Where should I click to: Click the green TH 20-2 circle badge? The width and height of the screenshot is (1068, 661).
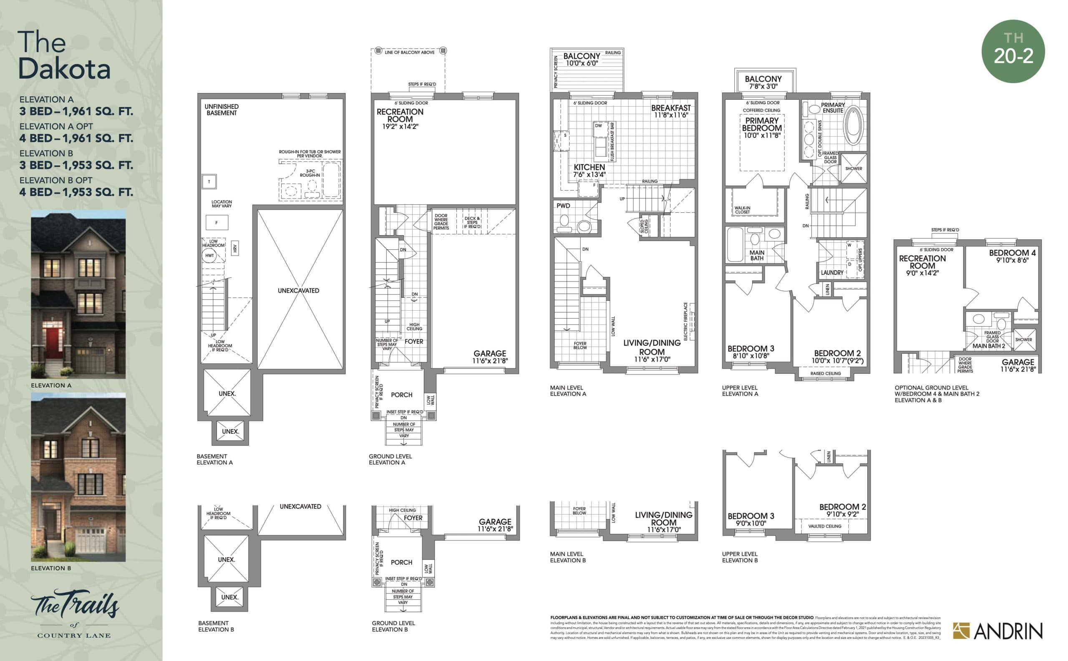coord(1013,51)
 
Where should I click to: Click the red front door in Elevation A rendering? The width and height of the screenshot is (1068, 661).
coord(53,337)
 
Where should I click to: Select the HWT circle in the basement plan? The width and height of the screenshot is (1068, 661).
coord(209,255)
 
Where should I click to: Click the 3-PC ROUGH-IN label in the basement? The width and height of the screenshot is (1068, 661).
coord(310,173)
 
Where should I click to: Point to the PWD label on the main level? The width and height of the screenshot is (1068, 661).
coord(563,206)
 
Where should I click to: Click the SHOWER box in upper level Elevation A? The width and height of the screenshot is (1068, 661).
coord(853,169)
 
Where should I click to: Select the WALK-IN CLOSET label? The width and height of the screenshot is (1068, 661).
coord(742,210)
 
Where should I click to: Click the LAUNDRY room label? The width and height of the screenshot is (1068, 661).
coord(832,272)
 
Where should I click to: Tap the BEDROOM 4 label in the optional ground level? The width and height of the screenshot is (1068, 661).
coord(1012,253)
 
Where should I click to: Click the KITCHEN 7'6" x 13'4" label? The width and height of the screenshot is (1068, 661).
coord(589,171)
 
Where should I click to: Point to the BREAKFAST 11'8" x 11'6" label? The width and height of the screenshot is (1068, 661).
coord(671,111)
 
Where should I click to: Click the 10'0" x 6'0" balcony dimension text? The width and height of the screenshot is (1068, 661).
coord(582,63)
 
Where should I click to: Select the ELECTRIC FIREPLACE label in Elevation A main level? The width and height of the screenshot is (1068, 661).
coord(685,321)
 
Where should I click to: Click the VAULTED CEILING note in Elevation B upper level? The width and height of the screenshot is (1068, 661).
coord(824,526)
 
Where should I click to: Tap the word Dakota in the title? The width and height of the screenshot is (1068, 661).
coord(64,69)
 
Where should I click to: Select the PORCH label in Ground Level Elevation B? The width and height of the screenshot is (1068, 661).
coord(401,562)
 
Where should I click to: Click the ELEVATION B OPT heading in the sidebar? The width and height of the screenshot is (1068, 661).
coord(55,180)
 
